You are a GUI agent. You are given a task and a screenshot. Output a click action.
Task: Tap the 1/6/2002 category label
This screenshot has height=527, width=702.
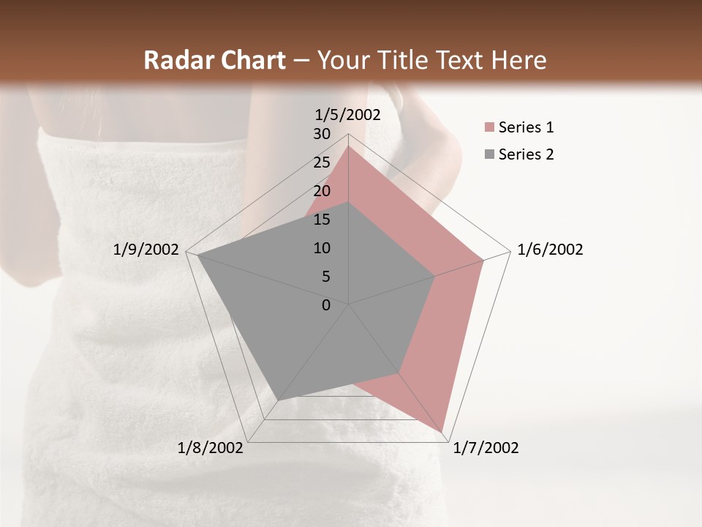pyautogui.click(x=550, y=250)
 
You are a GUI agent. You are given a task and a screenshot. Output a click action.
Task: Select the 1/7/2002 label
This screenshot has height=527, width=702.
pyautogui.click(x=486, y=448)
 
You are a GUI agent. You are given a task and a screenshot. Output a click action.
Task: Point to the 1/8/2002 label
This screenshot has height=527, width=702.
pyautogui.click(x=211, y=448)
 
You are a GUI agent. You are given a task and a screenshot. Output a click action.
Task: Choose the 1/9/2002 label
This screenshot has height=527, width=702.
pyautogui.click(x=146, y=250)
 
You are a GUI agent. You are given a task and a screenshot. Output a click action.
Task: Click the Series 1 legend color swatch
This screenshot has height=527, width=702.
pyautogui.click(x=489, y=128)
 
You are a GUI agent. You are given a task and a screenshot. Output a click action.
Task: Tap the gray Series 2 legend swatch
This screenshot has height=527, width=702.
pyautogui.click(x=489, y=154)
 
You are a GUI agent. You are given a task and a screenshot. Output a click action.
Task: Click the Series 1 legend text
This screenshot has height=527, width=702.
pyautogui.click(x=526, y=128)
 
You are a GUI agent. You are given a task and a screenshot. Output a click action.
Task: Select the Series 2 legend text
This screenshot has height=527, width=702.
pyautogui.click(x=526, y=154)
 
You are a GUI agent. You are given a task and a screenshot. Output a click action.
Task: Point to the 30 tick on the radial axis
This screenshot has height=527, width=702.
pyautogui.click(x=322, y=134)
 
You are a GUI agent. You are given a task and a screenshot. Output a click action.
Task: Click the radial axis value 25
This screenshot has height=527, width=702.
pyautogui.click(x=322, y=162)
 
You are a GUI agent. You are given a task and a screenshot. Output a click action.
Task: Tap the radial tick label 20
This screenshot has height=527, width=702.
pyautogui.click(x=322, y=191)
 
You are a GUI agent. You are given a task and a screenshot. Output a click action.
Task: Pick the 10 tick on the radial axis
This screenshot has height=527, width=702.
pyautogui.click(x=322, y=248)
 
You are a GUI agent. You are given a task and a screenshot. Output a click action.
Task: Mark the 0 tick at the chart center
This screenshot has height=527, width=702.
pyautogui.click(x=326, y=304)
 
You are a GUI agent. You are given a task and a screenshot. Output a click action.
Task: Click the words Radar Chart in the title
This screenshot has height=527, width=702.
pyautogui.click(x=214, y=60)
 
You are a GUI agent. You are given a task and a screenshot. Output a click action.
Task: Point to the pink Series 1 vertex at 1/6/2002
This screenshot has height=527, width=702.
pyautogui.click(x=483, y=260)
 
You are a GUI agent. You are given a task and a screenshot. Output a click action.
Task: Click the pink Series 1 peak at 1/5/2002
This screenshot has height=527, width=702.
pyautogui.click(x=348, y=146)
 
